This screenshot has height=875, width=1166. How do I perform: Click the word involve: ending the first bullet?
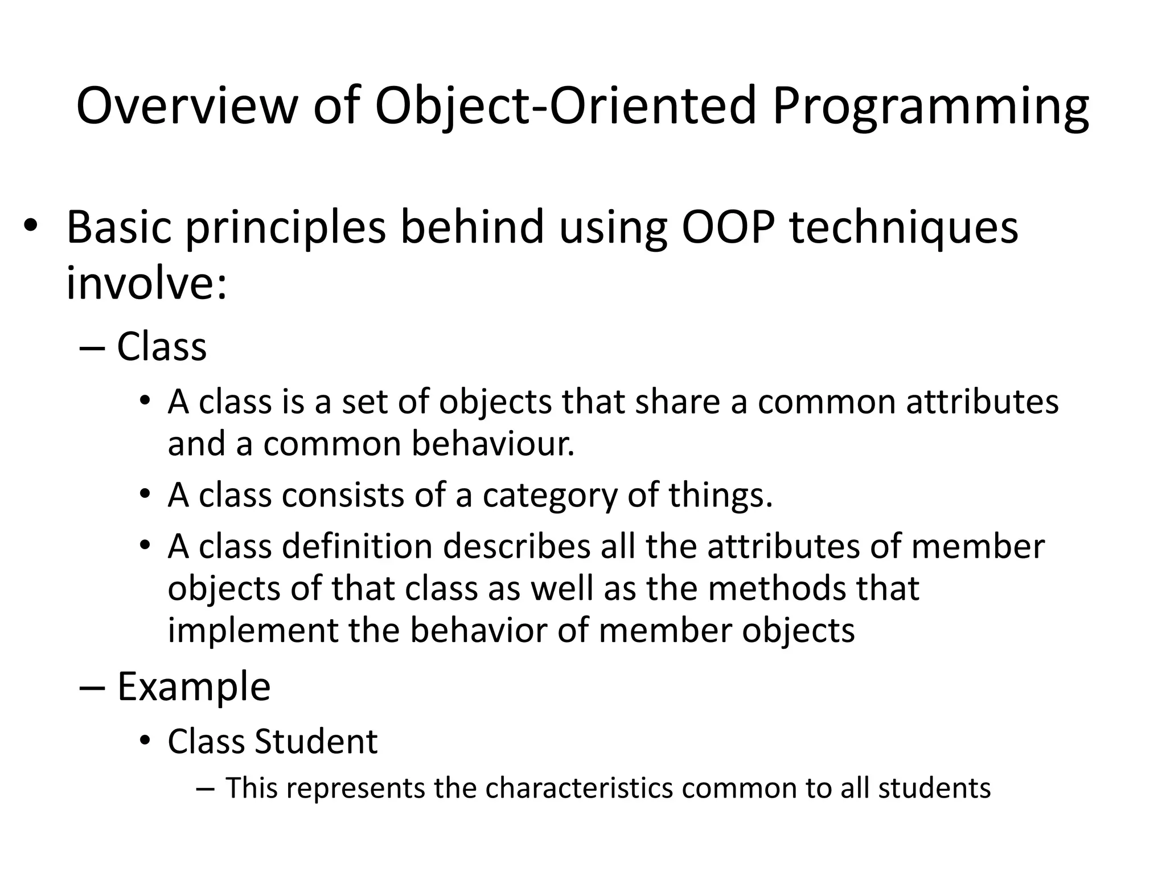click(x=146, y=283)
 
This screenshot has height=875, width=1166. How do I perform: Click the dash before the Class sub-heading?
click(x=92, y=347)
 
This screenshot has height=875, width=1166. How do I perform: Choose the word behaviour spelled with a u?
click(x=493, y=444)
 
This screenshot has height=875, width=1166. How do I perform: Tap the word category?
click(x=550, y=495)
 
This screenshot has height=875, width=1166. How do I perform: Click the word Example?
click(x=194, y=686)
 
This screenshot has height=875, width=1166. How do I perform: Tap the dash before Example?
click(x=92, y=686)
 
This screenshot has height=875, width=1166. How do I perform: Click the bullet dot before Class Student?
click(x=145, y=741)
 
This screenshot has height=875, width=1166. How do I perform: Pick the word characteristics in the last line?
click(x=579, y=788)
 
